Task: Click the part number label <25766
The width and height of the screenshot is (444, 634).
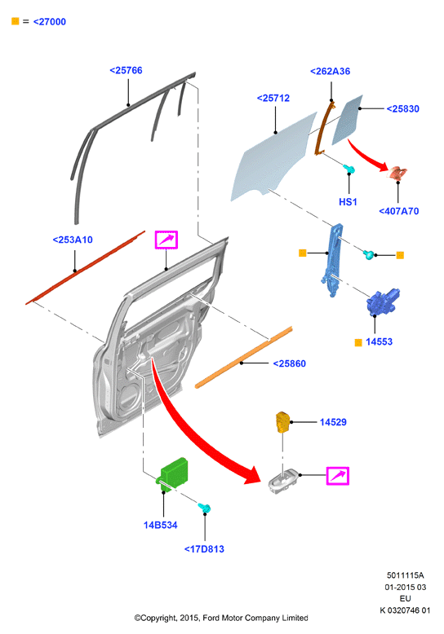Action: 126,70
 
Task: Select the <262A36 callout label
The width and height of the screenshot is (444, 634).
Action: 331,71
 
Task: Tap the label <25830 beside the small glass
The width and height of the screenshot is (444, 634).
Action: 402,108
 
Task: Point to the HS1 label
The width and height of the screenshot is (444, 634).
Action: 348,202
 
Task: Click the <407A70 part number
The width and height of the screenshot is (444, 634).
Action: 398,211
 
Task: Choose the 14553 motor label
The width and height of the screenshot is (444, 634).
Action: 380,341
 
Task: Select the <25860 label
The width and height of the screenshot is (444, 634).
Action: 289,363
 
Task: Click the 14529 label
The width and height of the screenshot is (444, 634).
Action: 333,422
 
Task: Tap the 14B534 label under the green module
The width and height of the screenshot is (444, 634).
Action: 161,526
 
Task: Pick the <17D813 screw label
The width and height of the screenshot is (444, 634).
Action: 204,549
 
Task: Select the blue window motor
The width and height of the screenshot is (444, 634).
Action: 382,302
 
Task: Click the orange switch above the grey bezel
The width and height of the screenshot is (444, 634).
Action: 282,422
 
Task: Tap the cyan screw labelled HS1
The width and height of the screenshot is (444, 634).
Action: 349,169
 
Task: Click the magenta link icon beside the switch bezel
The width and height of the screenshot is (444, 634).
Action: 337,476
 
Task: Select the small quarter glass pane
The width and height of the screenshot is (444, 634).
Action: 347,120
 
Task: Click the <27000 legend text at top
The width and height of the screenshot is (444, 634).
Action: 50,22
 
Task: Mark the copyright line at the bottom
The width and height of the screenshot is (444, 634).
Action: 221,618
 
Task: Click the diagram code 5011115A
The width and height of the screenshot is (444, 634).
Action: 405,575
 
